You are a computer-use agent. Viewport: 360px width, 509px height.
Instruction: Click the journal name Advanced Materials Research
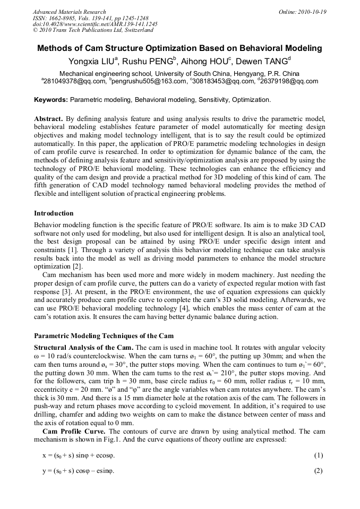69,12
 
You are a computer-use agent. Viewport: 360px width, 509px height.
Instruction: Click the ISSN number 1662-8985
64,18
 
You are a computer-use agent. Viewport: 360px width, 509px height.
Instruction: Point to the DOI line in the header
95,24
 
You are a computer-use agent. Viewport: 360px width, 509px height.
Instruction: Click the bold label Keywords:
51,100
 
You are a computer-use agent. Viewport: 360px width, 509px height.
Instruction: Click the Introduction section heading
54,213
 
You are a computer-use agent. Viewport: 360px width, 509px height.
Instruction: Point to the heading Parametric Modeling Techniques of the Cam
104,336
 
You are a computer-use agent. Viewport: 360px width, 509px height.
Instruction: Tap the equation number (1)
318,455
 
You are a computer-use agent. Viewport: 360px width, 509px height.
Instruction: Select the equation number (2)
318,471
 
